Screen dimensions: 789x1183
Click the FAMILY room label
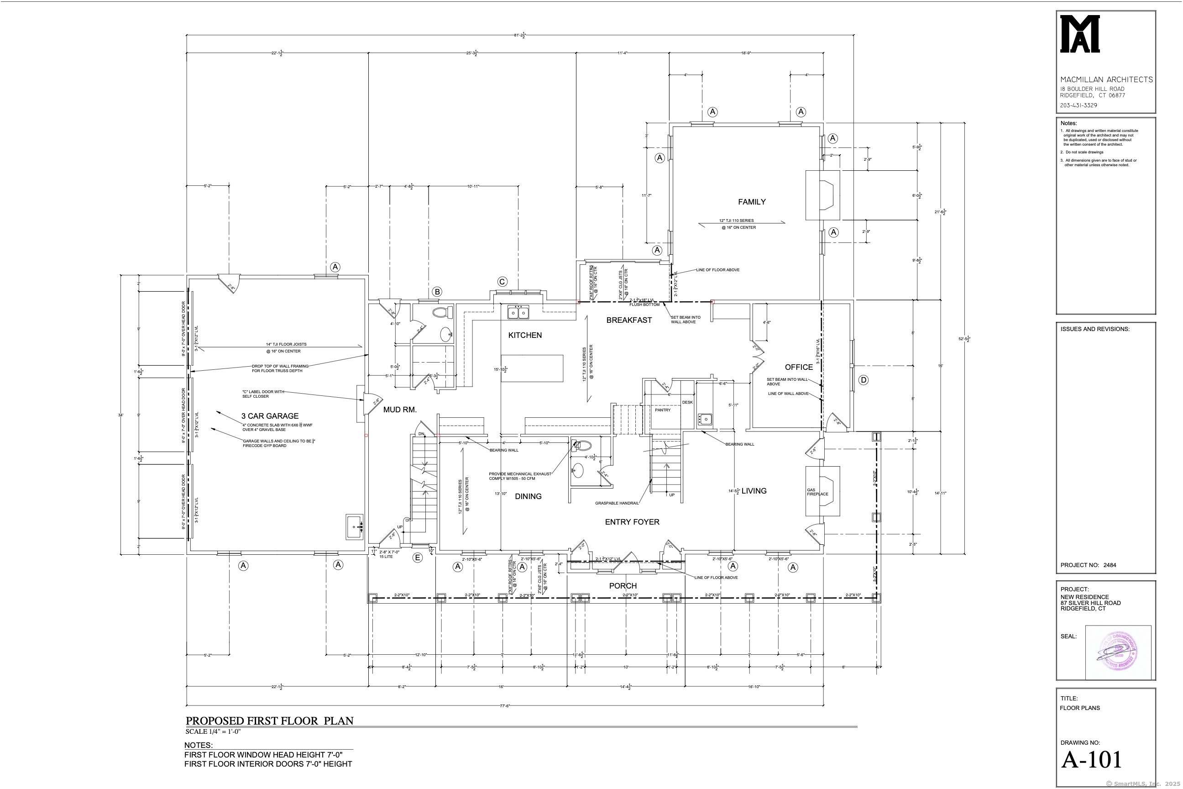pos(751,202)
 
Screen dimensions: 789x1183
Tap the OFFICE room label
pos(799,367)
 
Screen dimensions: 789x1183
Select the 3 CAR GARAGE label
pos(270,416)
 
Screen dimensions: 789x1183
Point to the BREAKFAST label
pos(629,320)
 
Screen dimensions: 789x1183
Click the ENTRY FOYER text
pos(632,522)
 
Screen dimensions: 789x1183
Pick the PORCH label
pos(623,586)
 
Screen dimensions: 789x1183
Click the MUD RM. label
pos(400,410)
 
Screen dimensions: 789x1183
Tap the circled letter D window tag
pos(863,380)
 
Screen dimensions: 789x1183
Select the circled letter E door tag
pos(417,558)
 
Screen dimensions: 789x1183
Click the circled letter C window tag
pos(502,282)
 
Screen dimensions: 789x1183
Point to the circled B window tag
pos(437,291)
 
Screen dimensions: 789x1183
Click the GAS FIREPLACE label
pos(817,492)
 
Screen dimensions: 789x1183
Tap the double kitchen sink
pos(518,312)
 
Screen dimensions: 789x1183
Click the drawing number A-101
pos(1091,760)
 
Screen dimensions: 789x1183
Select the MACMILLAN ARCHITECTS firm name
pos(1106,79)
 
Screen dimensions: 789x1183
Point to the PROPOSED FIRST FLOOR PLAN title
pos(270,721)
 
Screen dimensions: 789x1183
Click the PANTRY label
pos(662,410)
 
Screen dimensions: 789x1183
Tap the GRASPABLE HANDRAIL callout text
pos(617,503)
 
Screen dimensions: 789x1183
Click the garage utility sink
pos(354,527)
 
